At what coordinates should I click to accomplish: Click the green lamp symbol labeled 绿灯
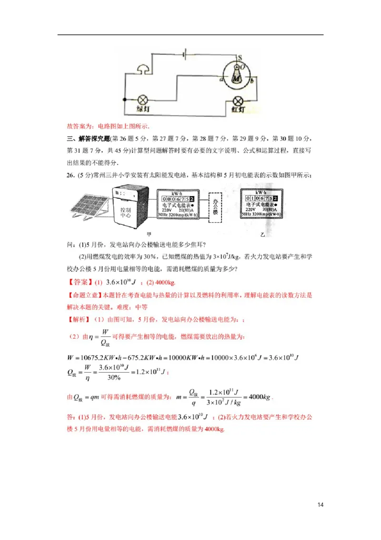141,100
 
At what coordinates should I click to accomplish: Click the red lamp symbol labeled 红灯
238,101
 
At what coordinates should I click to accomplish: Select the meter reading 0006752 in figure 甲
178,198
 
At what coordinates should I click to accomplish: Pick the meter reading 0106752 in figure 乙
260,198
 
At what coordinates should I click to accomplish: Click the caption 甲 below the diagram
150,234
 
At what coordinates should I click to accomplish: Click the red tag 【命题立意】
84,295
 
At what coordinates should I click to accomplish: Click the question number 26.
71,175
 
